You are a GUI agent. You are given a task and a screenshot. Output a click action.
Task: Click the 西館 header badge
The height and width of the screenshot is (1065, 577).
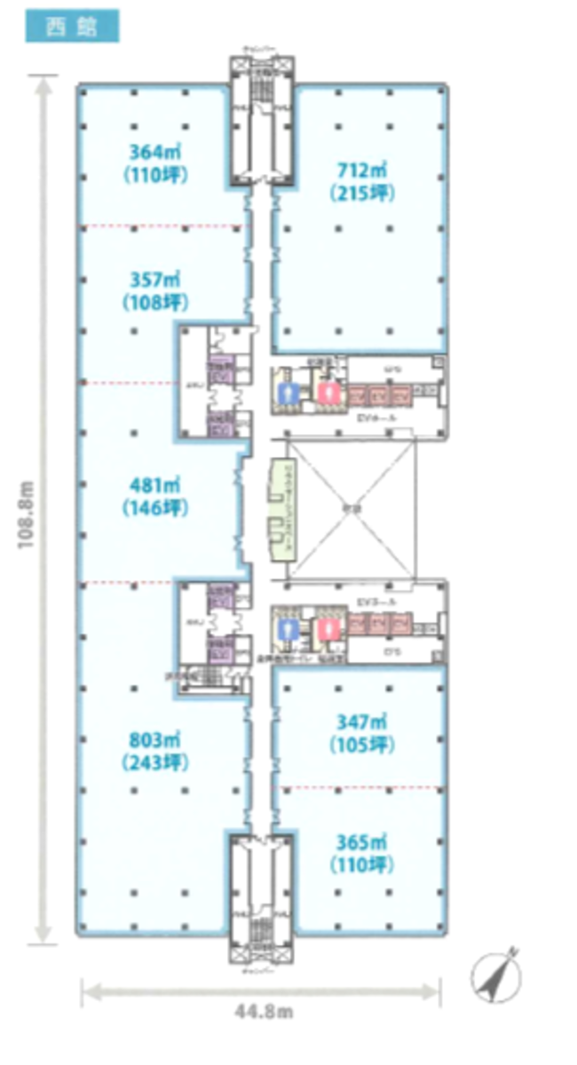(x=71, y=27)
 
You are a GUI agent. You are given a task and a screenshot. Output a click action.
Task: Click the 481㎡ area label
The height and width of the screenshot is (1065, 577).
(x=156, y=485)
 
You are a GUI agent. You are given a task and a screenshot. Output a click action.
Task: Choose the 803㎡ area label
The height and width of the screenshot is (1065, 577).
(x=156, y=738)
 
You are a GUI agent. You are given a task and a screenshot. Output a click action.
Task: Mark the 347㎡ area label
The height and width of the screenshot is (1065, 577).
(x=361, y=721)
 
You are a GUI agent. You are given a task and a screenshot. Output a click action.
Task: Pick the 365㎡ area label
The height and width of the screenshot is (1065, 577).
(x=361, y=840)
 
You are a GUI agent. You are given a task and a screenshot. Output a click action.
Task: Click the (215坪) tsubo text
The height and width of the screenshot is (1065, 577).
(x=361, y=192)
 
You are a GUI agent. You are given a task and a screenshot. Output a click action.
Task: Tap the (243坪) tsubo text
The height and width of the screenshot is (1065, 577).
(x=156, y=762)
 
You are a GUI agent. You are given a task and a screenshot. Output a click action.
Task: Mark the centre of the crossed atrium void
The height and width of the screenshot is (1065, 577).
(x=353, y=509)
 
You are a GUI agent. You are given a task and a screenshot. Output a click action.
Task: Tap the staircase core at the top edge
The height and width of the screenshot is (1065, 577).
(x=261, y=124)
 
